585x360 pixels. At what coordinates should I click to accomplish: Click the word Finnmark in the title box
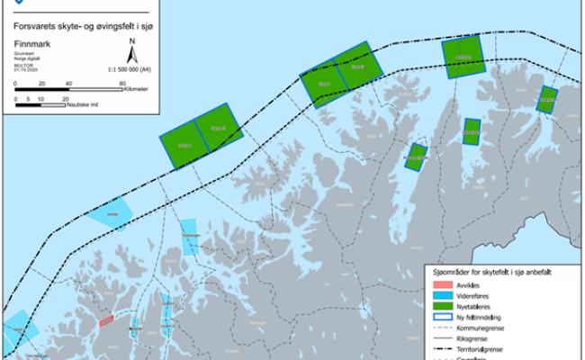click(x=32, y=43)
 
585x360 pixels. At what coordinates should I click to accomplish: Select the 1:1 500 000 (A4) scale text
click(x=129, y=68)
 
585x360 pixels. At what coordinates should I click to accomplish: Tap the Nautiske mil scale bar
click(x=41, y=105)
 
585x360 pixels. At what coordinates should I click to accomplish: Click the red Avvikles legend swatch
click(x=440, y=285)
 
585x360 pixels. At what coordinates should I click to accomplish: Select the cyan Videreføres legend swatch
click(x=440, y=296)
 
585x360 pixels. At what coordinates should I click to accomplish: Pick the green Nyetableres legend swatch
click(x=440, y=307)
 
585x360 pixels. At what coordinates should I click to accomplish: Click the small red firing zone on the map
click(x=107, y=320)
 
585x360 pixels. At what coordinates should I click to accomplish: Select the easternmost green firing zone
click(x=546, y=99)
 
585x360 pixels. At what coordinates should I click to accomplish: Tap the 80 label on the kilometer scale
click(x=122, y=84)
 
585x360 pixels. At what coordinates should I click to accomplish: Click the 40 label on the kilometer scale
click(x=68, y=84)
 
